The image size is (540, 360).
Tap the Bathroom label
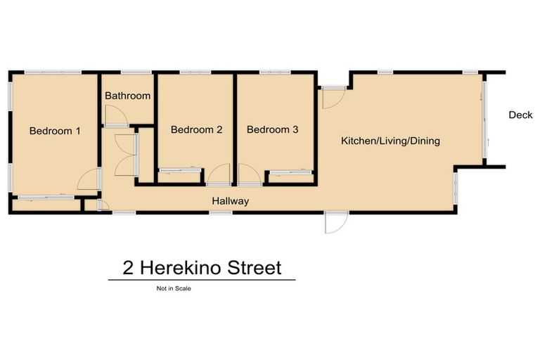tap(127, 96)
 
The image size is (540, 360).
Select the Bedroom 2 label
tap(196, 130)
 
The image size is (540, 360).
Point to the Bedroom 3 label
tap(273, 130)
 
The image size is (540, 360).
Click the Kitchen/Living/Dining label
tap(390, 141)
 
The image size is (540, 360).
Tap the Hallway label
tap(231, 201)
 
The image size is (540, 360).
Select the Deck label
tap(521, 115)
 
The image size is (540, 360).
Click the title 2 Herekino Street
tap(202, 268)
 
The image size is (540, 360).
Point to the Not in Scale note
tap(174, 288)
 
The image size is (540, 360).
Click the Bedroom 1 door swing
tap(89, 181)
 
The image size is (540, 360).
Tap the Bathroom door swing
tap(112, 115)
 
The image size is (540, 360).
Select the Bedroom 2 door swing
tap(219, 174)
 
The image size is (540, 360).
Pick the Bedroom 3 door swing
tap(248, 174)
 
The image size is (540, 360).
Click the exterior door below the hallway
tap(335, 223)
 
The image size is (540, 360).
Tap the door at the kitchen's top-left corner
tap(333, 97)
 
